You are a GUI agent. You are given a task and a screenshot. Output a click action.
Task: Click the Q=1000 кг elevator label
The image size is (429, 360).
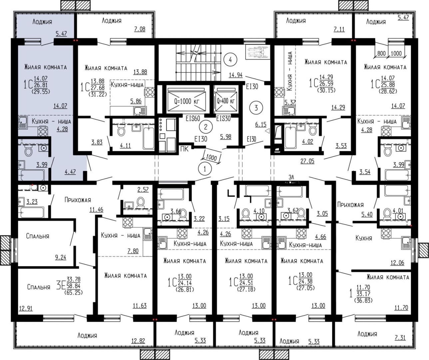click(187, 101)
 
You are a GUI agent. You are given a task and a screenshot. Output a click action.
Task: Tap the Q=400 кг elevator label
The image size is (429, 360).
click(226, 101)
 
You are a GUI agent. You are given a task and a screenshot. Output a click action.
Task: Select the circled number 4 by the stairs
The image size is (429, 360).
click(230, 60)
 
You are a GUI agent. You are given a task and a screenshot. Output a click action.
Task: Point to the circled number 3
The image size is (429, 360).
click(256, 108)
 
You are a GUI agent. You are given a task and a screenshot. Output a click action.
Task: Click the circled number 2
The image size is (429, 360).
click(206, 127)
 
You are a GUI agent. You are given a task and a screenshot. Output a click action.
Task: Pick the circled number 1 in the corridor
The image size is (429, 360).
click(205, 169)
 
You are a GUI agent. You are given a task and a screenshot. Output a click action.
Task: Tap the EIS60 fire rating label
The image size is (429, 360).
click(193, 119)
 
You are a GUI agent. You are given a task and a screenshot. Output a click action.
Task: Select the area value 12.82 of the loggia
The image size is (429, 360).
click(138, 341)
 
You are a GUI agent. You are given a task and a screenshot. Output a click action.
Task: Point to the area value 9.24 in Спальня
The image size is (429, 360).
click(61, 257)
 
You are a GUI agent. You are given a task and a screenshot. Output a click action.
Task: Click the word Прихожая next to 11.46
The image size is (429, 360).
click(78, 200)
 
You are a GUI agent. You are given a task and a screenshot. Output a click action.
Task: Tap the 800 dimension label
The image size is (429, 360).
click(381, 53)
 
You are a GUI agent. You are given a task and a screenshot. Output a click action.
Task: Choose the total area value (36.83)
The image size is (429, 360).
click(363, 300)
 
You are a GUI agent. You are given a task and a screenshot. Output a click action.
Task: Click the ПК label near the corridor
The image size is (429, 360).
click(184, 149)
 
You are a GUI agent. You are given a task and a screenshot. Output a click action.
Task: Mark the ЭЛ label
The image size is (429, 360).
click(291, 177)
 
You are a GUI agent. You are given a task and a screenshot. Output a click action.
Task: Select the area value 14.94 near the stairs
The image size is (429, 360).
click(236, 75)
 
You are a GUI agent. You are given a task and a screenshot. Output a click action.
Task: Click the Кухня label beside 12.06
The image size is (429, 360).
click(364, 238)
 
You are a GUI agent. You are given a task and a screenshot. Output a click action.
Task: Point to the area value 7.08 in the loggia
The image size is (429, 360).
click(140, 29)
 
